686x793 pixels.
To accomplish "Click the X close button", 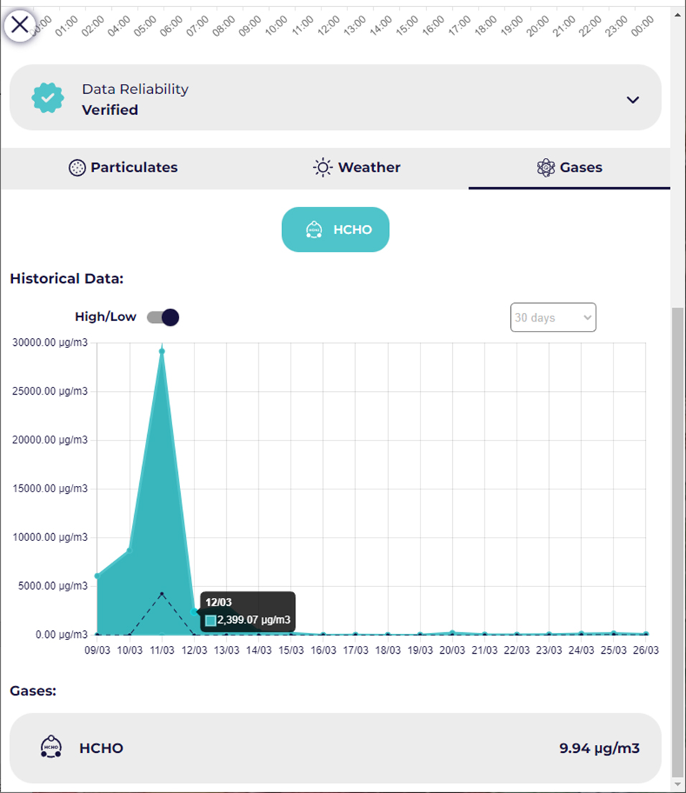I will [20, 25].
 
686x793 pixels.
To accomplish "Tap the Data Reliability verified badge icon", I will [48, 98].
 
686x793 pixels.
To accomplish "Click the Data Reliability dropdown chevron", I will [632, 100].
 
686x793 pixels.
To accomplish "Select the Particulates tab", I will [123, 168].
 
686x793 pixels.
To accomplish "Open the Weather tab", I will [357, 168].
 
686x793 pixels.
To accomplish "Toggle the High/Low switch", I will [163, 317].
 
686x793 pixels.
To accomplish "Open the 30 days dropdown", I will [553, 317].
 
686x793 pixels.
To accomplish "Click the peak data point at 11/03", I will [162, 351].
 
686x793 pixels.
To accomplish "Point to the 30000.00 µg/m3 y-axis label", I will [50, 342].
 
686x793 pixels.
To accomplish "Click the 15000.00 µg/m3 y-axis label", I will [50, 489].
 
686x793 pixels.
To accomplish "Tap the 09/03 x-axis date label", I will [97, 650].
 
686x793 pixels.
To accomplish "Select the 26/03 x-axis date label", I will [646, 650].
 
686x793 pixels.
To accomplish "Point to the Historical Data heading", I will [67, 278].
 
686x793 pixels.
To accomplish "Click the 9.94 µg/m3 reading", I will [599, 749].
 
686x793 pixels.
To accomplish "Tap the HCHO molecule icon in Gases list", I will [50, 747].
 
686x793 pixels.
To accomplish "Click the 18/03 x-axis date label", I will [388, 650].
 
